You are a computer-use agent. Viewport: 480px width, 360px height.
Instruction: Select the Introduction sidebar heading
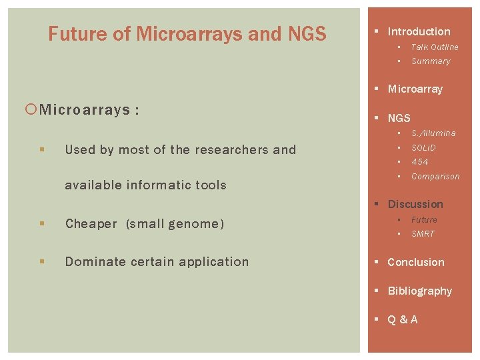tap(419, 31)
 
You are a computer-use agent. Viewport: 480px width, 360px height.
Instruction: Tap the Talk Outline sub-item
tap(435, 47)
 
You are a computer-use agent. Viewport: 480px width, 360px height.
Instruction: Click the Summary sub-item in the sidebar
tap(431, 61)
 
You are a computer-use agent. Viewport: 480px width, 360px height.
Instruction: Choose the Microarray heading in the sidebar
tap(415, 89)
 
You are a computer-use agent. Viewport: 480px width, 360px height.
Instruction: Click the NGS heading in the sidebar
tap(399, 118)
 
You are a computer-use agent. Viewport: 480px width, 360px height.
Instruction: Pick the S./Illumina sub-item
tap(433, 133)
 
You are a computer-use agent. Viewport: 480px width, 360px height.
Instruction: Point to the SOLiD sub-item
tap(423, 147)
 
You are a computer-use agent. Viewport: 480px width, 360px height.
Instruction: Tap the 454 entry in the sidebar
tap(419, 162)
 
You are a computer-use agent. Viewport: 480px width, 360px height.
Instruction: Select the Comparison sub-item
tap(435, 177)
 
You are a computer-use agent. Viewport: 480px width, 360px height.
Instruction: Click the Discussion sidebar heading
tap(415, 204)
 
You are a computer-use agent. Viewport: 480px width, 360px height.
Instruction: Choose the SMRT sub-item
tap(423, 234)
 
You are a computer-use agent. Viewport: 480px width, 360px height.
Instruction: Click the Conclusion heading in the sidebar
tap(415, 262)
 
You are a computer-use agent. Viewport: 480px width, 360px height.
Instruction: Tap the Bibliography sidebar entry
tap(419, 291)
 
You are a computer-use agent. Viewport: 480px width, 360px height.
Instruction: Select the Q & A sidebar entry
tap(402, 319)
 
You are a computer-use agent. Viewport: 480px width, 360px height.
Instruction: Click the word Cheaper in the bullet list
tap(91, 224)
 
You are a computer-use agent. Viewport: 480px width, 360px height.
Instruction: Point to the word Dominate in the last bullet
tap(93, 262)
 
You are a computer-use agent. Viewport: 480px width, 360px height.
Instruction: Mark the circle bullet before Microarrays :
tap(33, 109)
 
